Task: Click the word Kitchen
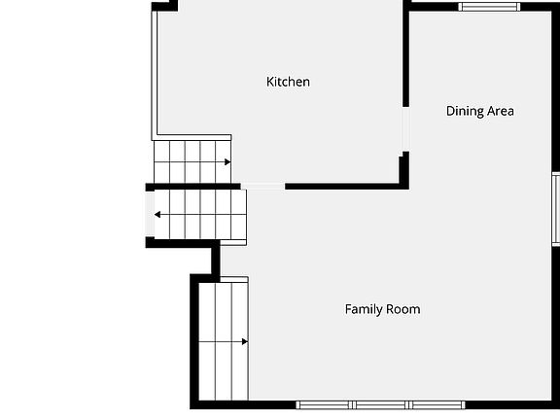(288, 82)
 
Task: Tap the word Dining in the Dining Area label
(463, 111)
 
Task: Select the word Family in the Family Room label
(363, 309)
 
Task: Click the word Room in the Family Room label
(402, 309)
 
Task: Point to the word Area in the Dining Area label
(501, 111)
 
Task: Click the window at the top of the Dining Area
(489, 7)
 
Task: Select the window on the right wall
(556, 209)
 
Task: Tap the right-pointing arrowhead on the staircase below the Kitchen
(227, 162)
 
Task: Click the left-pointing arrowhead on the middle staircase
(157, 215)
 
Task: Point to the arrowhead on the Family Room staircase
(245, 342)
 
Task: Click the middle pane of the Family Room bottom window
(381, 404)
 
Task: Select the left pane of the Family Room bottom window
(324, 404)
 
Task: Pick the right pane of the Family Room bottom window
(437, 404)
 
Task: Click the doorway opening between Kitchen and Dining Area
(406, 129)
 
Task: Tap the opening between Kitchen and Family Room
(262, 187)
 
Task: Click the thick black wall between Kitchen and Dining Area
(406, 53)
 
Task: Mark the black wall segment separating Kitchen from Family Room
(346, 187)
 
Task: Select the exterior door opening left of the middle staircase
(150, 214)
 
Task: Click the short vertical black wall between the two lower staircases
(216, 261)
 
